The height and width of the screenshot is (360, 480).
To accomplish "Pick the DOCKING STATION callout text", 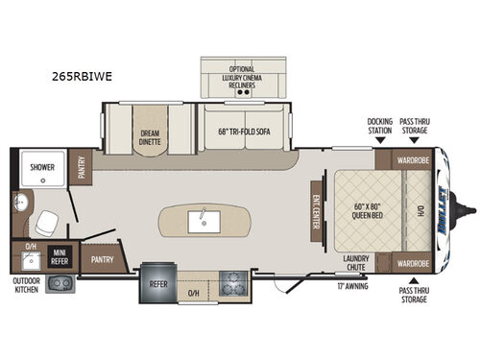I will [380, 125].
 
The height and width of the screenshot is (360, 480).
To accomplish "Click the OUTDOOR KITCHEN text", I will [26, 285].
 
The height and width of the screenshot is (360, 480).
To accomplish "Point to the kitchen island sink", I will [204, 217].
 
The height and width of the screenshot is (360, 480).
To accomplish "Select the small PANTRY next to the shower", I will [82, 168].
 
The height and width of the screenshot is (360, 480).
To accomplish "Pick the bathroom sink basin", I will [22, 204].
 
